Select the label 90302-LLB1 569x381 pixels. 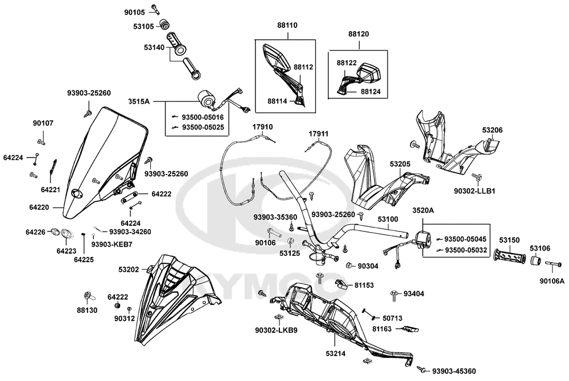(475, 191)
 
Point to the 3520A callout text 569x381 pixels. (423, 210)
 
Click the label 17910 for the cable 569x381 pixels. (263, 127)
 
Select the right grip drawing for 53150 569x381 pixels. (510, 259)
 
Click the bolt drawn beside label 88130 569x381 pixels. (88, 296)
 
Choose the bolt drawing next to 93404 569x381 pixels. (393, 294)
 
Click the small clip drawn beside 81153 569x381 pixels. (340, 284)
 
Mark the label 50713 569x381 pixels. (392, 318)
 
